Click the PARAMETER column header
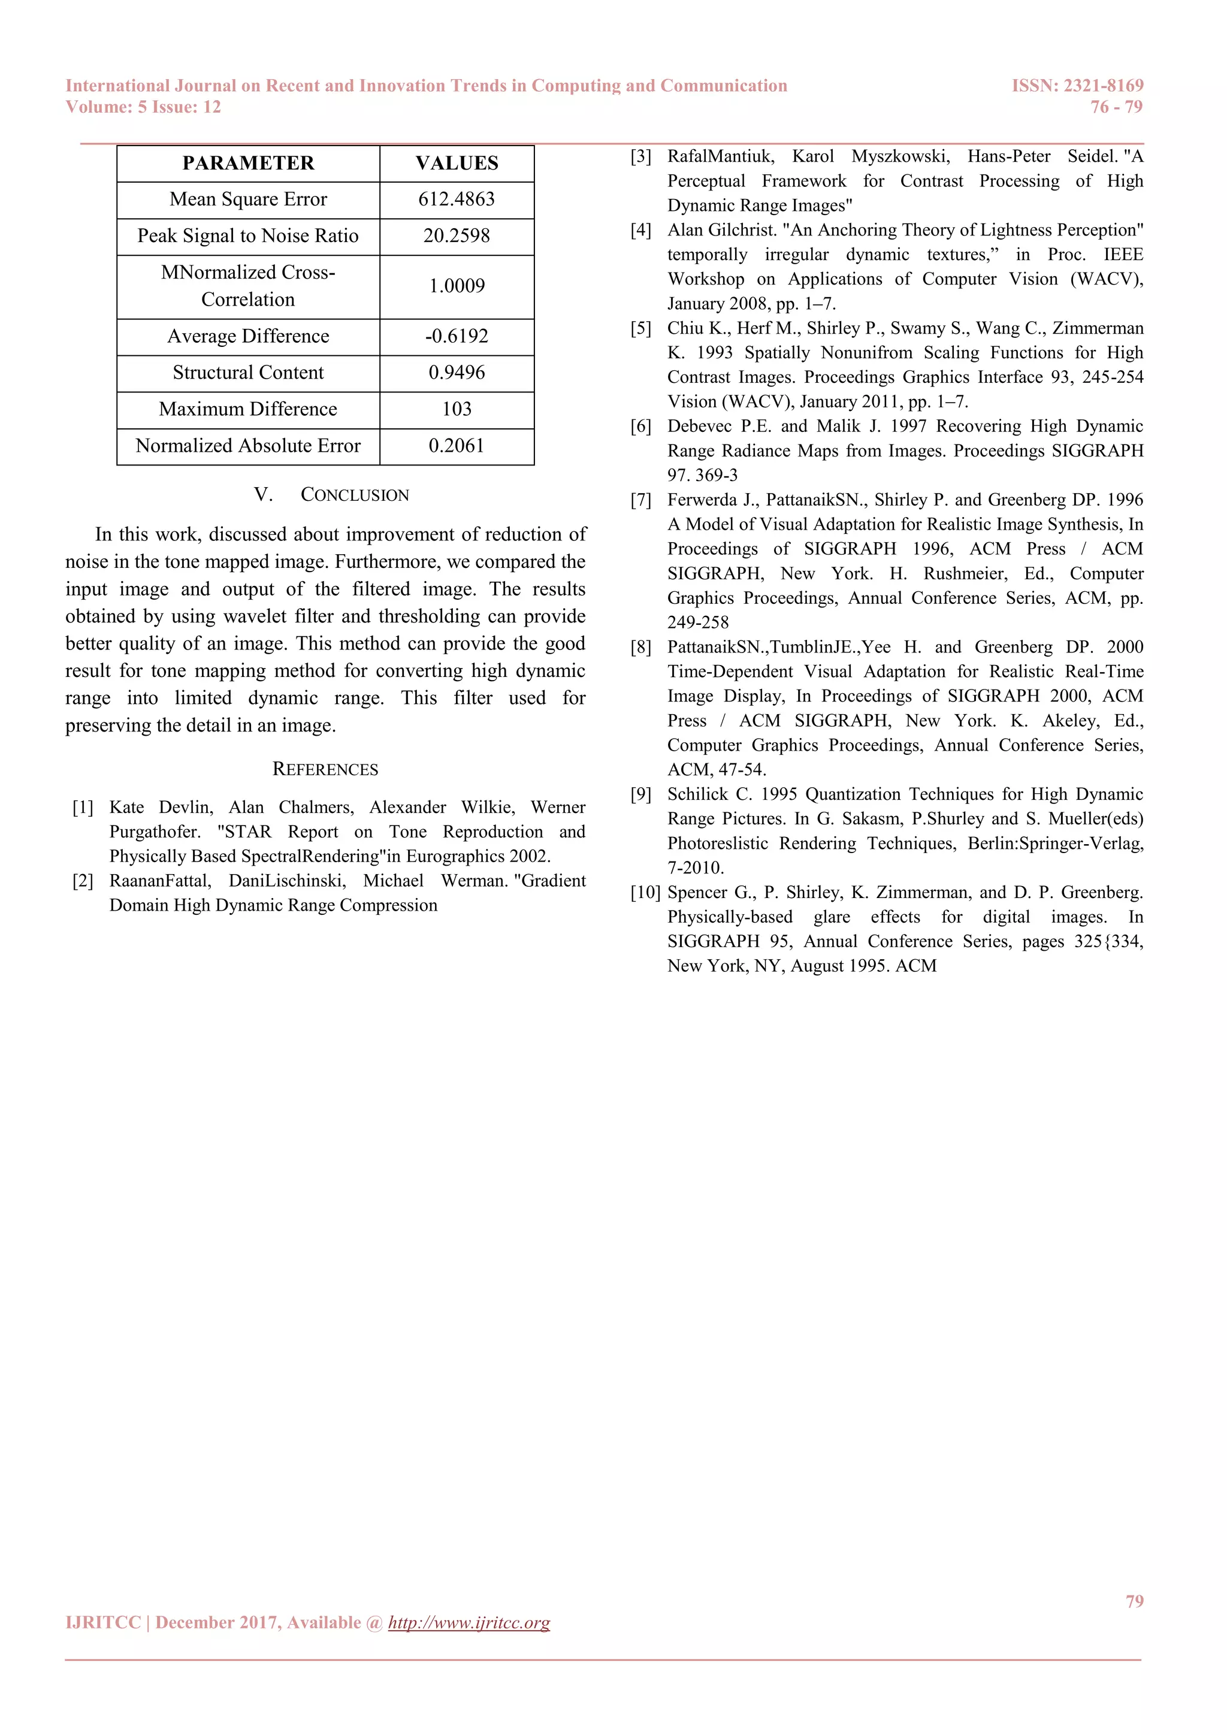[248, 163]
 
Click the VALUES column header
[457, 163]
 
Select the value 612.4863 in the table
[457, 200]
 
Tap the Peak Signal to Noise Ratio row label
[248, 236]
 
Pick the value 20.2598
[457, 236]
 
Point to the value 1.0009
[457, 286]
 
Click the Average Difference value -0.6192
[457, 336]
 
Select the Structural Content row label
[248, 373]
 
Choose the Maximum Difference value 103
[457, 409]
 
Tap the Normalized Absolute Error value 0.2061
[457, 446]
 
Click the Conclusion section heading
[332, 495]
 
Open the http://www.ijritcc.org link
[469, 1622]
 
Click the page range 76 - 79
[1116, 107]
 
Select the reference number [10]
[645, 893]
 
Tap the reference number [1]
[83, 808]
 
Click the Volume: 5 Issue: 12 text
[144, 107]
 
